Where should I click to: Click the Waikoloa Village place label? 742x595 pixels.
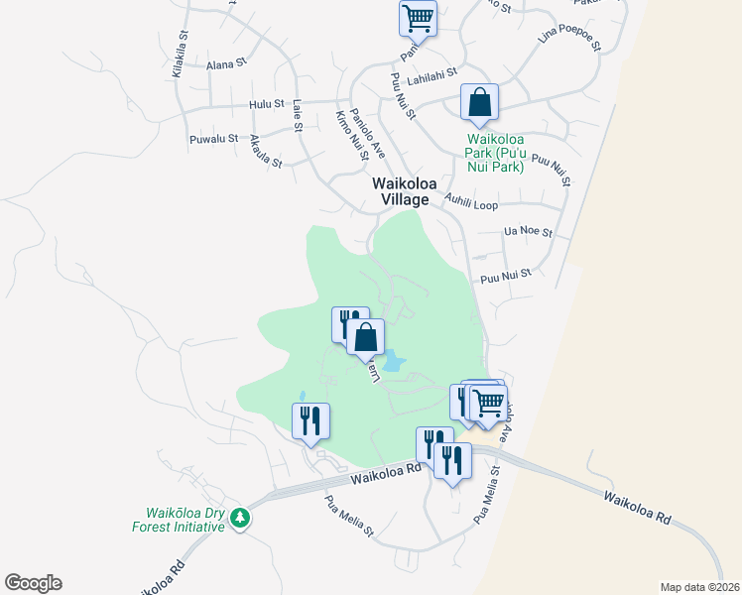click(401, 191)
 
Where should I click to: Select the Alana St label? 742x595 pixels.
click(225, 64)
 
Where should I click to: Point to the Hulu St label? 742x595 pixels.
click(267, 103)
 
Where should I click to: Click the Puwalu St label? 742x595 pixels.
click(213, 139)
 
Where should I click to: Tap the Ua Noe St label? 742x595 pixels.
click(528, 232)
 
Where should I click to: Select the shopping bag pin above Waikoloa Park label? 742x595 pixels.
click(479, 102)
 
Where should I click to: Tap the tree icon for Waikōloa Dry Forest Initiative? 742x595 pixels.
click(239, 518)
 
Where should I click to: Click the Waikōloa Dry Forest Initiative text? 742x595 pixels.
click(185, 520)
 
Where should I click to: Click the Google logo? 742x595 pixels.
click(33, 583)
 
